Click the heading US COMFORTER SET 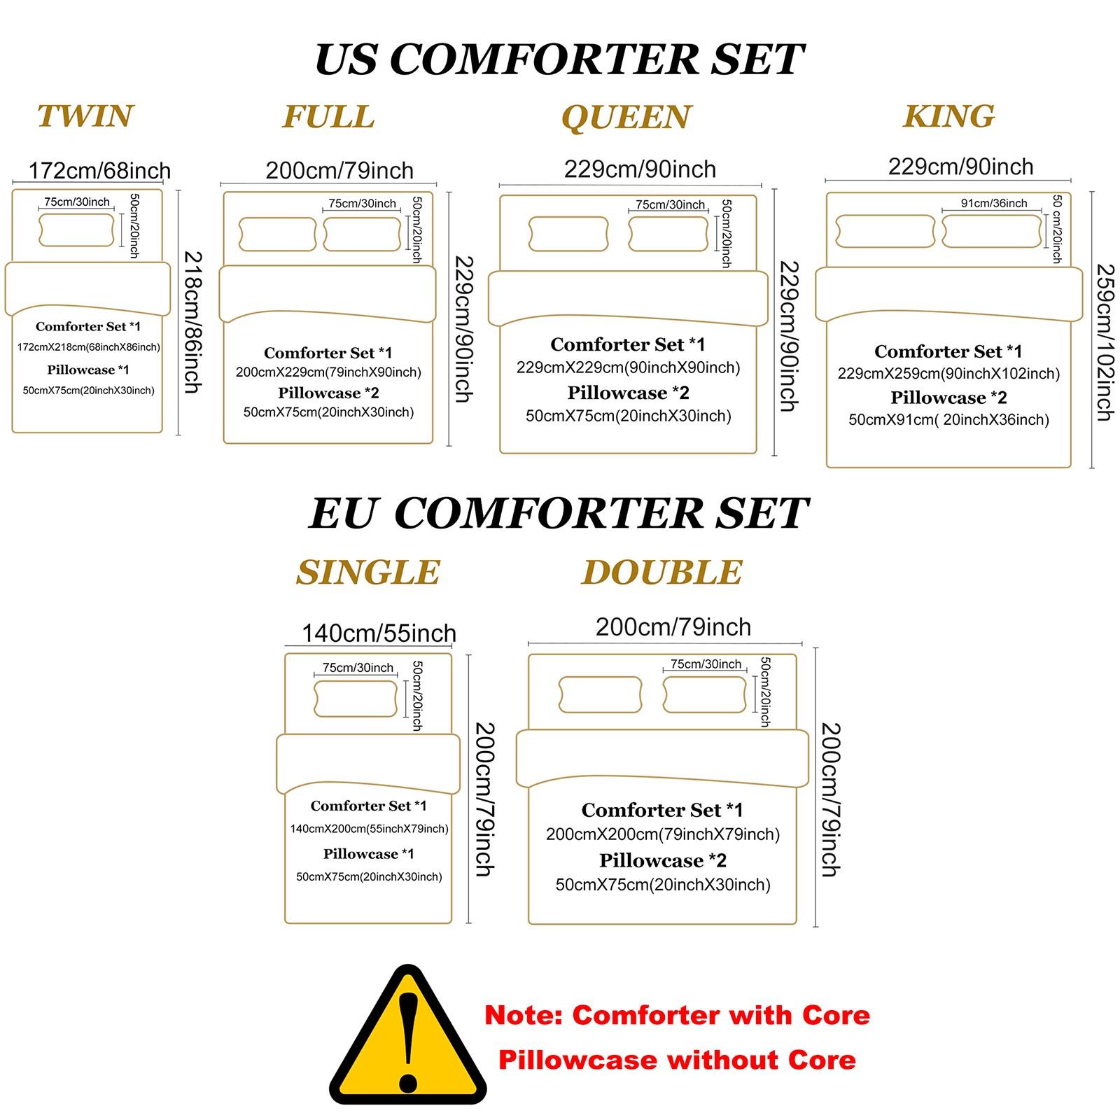tap(559, 59)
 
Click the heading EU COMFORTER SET tap(559, 513)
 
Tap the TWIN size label tap(85, 116)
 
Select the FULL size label tap(328, 117)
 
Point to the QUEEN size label tap(626, 118)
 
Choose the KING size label tap(948, 116)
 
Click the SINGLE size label tap(368, 573)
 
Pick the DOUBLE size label tap(661, 573)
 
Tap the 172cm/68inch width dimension tap(99, 170)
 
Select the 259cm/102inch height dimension tap(1105, 342)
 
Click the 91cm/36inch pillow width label tap(994, 203)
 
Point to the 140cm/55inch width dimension tap(379, 633)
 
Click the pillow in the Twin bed tap(76, 230)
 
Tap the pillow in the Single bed tap(356, 698)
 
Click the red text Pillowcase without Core tap(677, 1060)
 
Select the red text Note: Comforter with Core tap(677, 1015)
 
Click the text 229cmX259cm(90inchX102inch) tap(948, 374)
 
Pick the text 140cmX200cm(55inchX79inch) tap(369, 829)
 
